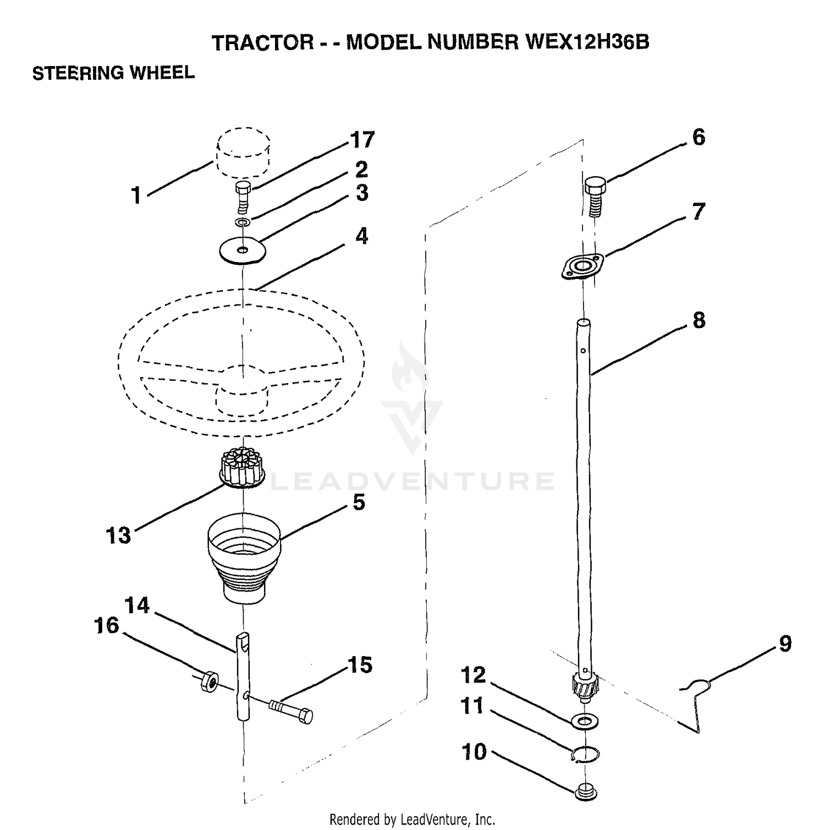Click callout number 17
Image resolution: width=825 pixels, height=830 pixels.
pos(362,140)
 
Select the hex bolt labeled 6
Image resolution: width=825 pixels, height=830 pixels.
pos(594,195)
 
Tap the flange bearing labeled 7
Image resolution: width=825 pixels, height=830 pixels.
pos(582,267)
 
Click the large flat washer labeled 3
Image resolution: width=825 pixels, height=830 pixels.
pos(242,250)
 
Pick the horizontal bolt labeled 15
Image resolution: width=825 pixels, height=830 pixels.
pos(291,709)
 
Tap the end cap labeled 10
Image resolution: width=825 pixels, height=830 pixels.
pos(587,791)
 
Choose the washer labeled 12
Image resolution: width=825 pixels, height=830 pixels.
pos(586,720)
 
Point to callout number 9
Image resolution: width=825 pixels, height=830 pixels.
pos(785,644)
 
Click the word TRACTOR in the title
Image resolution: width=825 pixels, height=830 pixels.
pos(263,42)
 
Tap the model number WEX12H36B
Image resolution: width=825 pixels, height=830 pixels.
pos(587,42)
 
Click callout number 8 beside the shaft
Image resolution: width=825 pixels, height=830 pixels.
pos(698,320)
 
